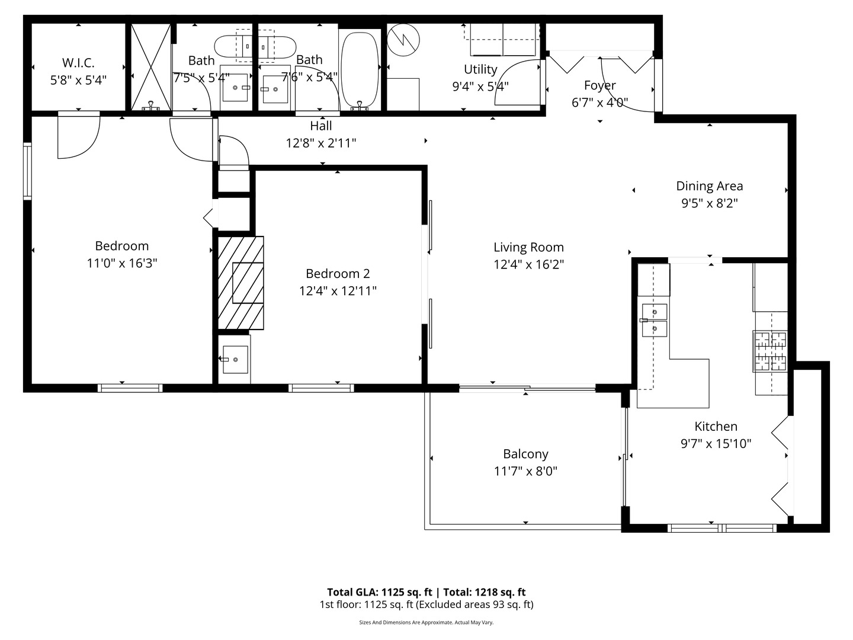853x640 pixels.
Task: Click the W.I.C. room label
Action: pyautogui.click(x=78, y=63)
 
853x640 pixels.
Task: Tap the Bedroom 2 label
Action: pyautogui.click(x=338, y=273)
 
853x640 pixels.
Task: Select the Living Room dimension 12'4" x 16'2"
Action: pyautogui.click(x=528, y=264)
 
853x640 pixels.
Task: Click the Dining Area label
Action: pyautogui.click(x=709, y=186)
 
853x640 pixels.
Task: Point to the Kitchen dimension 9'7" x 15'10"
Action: pyautogui.click(x=716, y=443)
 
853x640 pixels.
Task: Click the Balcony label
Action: pyautogui.click(x=525, y=454)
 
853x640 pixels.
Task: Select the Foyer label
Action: pyautogui.click(x=599, y=85)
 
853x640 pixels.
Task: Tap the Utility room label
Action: pyautogui.click(x=480, y=69)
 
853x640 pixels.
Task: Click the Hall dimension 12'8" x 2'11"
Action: pyautogui.click(x=321, y=143)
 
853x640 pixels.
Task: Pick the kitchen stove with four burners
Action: pyautogui.click(x=770, y=351)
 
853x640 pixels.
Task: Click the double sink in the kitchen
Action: pyautogui.click(x=655, y=320)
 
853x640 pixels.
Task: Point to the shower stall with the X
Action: pyautogui.click(x=150, y=66)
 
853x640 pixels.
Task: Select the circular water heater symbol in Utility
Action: pyautogui.click(x=403, y=40)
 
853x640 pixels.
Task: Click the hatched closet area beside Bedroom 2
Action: pyautogui.click(x=240, y=283)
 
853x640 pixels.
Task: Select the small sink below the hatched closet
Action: pyautogui.click(x=235, y=360)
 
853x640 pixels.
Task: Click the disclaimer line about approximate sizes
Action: pyautogui.click(x=426, y=622)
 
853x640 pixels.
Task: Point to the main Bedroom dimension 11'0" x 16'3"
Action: pyautogui.click(x=121, y=263)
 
